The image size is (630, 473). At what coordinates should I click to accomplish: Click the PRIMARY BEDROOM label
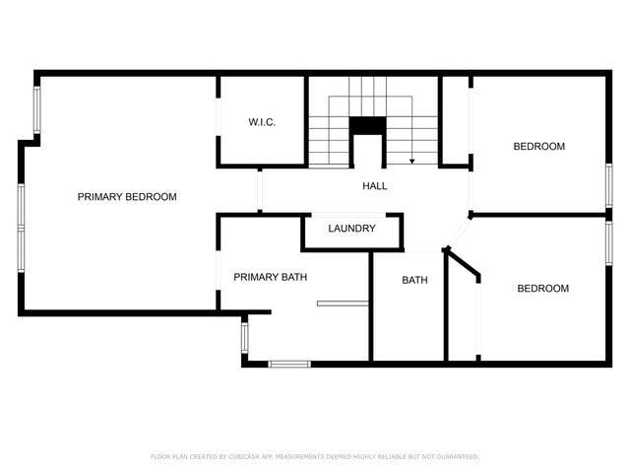[127, 197]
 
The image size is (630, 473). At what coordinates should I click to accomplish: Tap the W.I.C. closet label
[262, 122]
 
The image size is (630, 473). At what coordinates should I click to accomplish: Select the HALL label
[375, 186]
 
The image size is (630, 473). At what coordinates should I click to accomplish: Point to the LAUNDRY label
[352, 229]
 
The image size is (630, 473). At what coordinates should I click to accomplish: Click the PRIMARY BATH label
[271, 277]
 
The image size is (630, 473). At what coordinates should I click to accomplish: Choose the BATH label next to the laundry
[415, 280]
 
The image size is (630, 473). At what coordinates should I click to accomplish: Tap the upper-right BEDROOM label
[539, 147]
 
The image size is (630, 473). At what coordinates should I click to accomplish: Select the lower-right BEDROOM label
[542, 289]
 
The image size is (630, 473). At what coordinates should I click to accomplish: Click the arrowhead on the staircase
[411, 162]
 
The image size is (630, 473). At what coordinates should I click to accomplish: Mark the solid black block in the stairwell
[367, 125]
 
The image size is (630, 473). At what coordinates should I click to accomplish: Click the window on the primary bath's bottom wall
[289, 364]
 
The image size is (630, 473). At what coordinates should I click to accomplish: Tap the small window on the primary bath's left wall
[245, 338]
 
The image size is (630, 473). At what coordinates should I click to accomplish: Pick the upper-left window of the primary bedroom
[37, 109]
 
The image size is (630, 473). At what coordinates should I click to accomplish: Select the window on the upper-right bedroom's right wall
[609, 186]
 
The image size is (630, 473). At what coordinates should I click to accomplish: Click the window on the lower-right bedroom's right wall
[609, 243]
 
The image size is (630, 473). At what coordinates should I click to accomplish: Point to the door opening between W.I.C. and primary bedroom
[219, 117]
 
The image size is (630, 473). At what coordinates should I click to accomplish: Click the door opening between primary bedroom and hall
[260, 190]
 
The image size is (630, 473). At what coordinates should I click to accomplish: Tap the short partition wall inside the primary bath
[343, 304]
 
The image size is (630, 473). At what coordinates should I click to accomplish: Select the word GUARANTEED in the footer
[458, 456]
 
